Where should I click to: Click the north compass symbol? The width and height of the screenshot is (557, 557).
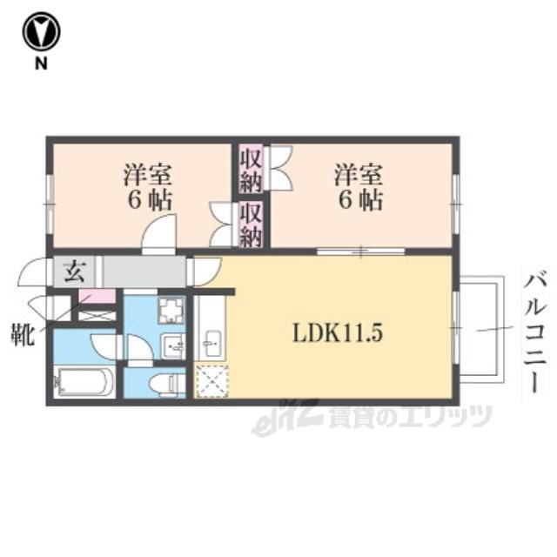(41, 31)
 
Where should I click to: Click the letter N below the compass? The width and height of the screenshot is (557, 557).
(41, 64)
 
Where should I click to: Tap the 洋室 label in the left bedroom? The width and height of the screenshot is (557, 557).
(148, 174)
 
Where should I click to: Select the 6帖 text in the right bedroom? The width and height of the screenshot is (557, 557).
(360, 200)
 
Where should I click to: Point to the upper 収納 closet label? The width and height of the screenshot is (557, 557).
(251, 169)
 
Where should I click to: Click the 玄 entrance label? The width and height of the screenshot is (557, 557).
(74, 271)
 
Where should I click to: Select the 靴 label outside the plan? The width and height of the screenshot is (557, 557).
(23, 334)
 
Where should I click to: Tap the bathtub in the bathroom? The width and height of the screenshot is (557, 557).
(84, 381)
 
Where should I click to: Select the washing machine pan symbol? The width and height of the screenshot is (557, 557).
(172, 310)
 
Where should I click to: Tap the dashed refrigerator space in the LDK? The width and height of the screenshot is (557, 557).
(212, 380)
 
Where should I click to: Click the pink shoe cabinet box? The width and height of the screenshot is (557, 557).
(97, 296)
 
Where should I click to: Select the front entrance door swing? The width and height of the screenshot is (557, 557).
(34, 272)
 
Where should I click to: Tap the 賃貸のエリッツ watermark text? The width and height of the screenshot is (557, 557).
(410, 417)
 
